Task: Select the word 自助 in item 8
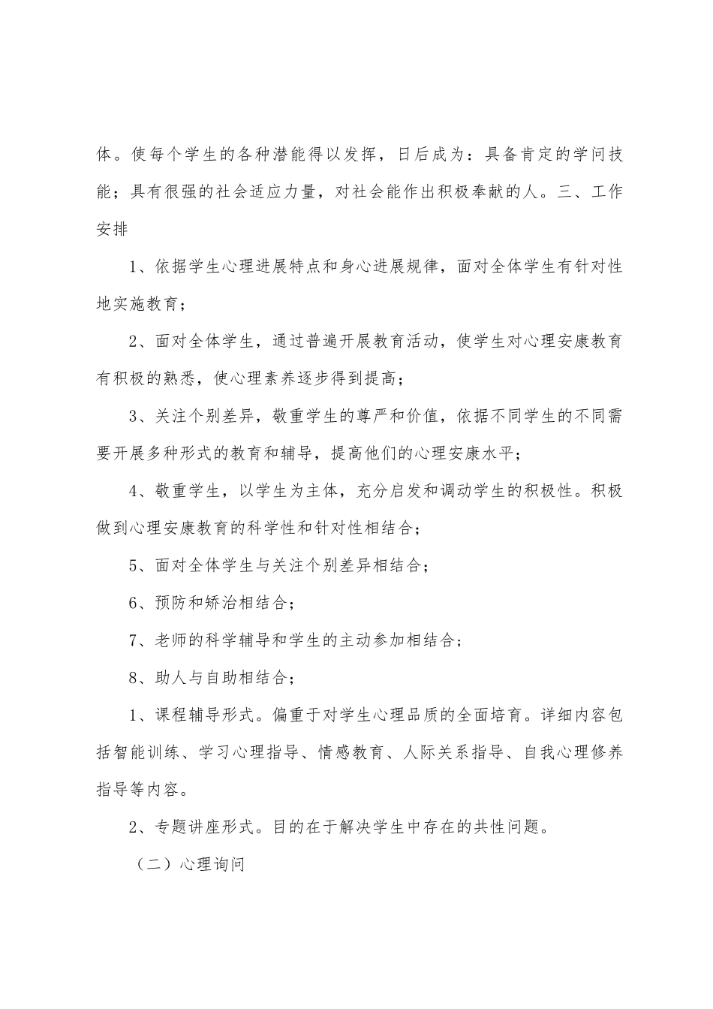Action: click(233, 678)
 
